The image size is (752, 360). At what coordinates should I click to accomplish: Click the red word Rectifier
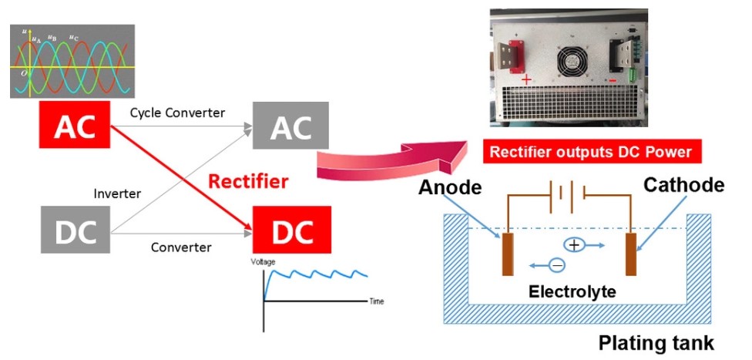(248, 182)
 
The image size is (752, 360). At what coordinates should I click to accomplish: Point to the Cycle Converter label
(177, 113)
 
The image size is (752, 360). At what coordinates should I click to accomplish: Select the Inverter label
(116, 193)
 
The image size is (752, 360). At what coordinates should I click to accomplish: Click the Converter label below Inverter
(181, 247)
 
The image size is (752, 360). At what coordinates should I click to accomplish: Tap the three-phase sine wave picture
(72, 61)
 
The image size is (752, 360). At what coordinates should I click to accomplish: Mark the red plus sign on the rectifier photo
(526, 80)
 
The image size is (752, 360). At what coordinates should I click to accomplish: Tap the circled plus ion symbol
(574, 245)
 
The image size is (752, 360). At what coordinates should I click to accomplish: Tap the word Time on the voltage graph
(377, 301)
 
